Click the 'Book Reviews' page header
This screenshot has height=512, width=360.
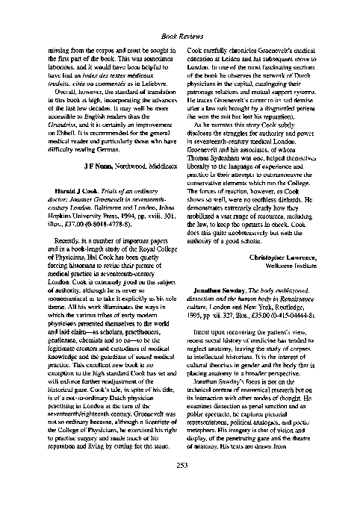tap(180, 35)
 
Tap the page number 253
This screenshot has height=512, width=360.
tap(180, 488)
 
